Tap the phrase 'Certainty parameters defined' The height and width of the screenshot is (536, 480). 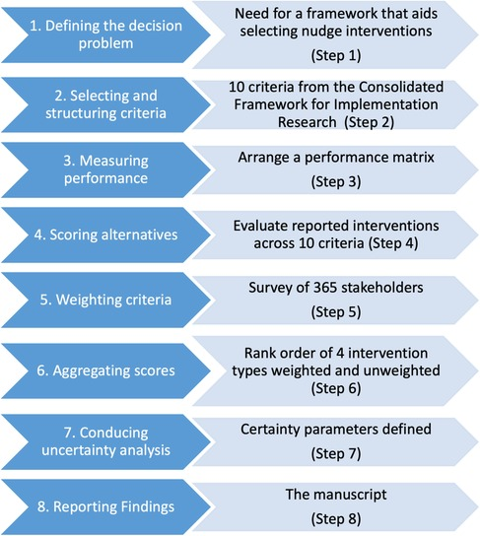[334, 426]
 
